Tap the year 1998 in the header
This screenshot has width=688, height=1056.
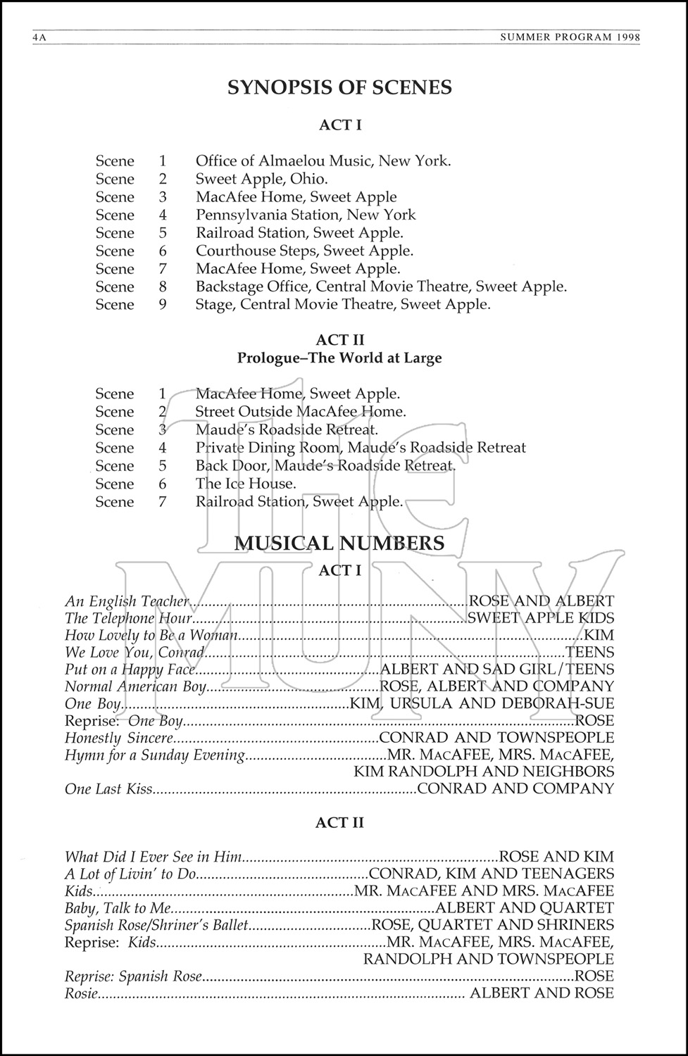pos(627,37)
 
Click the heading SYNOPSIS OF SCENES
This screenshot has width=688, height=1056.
pos(339,87)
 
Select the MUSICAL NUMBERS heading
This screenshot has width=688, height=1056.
pos(339,543)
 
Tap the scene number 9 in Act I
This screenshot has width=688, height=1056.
pos(163,304)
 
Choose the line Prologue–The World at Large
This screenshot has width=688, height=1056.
pos(339,358)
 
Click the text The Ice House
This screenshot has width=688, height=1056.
pos(246,484)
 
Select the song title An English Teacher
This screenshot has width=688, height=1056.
pos(127,601)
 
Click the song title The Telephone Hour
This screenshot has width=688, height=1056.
pos(129,618)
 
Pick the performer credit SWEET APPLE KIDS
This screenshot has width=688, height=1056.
pos(541,618)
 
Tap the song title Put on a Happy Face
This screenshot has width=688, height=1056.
pos(129,670)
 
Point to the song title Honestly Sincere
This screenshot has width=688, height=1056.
pos(119,738)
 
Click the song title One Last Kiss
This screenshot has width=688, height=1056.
pos(108,789)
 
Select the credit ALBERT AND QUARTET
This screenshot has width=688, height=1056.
pos(525,908)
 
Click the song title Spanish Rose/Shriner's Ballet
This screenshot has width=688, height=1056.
pos(157,925)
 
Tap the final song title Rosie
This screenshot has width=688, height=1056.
pos(81,993)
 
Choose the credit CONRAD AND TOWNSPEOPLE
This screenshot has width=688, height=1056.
pos(496,738)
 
